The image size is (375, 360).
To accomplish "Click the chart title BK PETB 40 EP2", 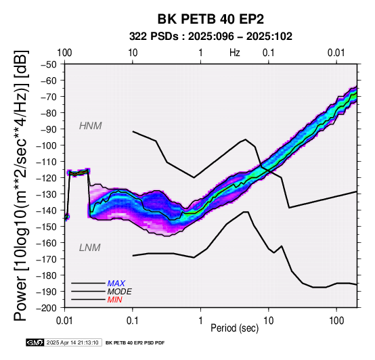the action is (x=211, y=19).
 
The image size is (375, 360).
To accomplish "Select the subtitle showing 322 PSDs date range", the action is (x=211, y=37).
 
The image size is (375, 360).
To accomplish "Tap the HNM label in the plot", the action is (x=91, y=126).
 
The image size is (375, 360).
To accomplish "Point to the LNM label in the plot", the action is (x=89, y=248).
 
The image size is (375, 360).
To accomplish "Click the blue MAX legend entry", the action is (x=116, y=284).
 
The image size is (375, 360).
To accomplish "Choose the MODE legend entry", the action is (x=119, y=292).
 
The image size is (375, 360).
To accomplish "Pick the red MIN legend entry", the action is (x=114, y=300).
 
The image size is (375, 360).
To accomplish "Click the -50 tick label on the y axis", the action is (x=49, y=64).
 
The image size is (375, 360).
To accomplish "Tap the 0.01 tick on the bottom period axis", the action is (x=64, y=321).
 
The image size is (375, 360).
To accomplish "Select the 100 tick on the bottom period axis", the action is (x=336, y=321).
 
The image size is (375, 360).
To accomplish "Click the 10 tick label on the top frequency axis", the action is (x=133, y=53).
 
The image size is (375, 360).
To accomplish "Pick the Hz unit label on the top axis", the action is (x=235, y=53).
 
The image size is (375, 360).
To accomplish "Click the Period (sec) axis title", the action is (x=235, y=328).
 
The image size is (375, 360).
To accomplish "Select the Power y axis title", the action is (x=22, y=185).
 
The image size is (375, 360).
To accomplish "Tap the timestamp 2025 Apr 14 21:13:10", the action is (x=72, y=343).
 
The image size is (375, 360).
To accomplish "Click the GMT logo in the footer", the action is (x=35, y=342).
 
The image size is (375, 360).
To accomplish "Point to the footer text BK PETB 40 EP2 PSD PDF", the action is (x=135, y=343).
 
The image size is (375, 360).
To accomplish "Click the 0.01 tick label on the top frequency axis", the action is (x=336, y=53).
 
